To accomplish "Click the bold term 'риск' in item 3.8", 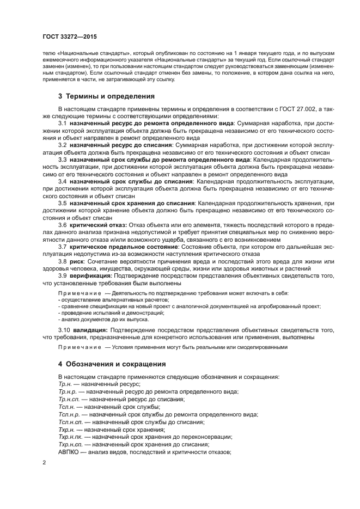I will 76,261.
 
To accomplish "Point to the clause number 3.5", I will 63,203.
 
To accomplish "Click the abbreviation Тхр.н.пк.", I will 71,437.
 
